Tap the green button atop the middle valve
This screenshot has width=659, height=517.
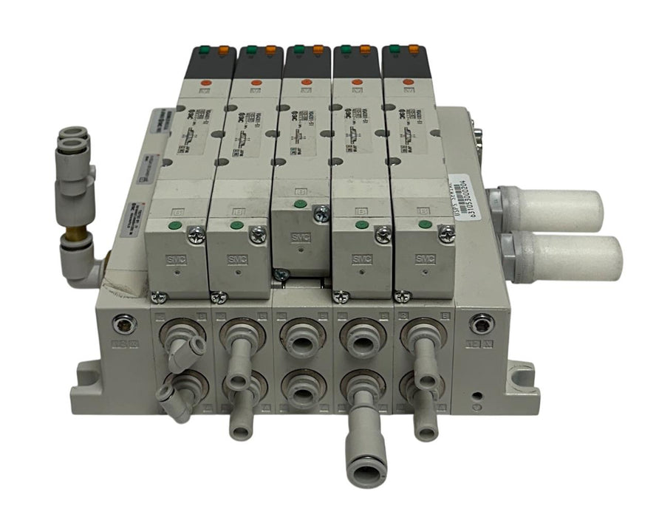click(297, 50)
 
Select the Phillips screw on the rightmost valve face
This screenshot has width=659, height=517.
click(448, 234)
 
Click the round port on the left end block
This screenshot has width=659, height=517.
click(126, 322)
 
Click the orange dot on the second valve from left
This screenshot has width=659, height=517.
click(256, 83)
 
